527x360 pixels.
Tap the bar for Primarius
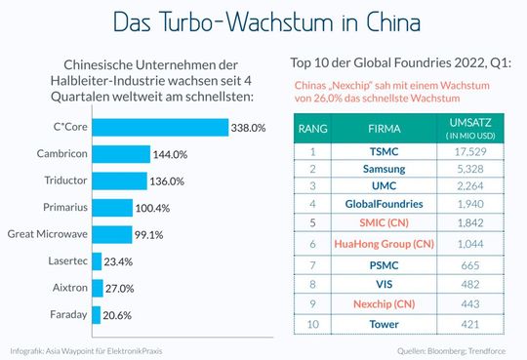114,207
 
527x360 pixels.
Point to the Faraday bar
96,315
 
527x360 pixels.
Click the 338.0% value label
249,127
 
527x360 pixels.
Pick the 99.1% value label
148,234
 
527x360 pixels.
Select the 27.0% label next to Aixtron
120,289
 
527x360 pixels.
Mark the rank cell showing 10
313,324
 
